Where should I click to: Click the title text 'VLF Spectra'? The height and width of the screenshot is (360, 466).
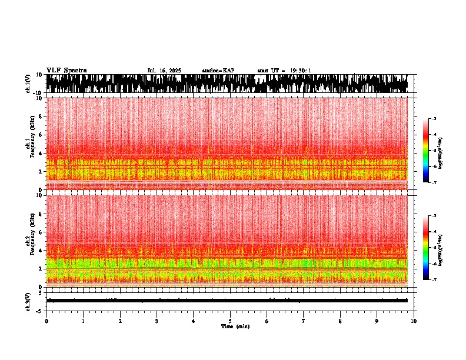(66, 70)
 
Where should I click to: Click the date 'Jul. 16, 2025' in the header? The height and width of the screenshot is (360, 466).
(164, 71)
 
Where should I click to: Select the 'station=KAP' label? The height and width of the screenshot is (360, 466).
(218, 71)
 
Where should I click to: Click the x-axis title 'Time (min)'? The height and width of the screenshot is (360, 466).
(235, 326)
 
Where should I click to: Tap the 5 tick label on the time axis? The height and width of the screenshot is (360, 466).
(230, 321)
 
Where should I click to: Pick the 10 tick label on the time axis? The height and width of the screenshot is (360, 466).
(414, 321)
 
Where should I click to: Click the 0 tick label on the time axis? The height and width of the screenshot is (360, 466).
(46, 321)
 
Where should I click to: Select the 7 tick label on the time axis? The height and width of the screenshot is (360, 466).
(304, 321)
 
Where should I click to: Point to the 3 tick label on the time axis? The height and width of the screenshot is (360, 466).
(157, 321)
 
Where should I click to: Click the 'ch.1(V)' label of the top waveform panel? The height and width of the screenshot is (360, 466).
(28, 84)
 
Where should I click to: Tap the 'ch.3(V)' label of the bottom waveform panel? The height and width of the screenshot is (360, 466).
(28, 300)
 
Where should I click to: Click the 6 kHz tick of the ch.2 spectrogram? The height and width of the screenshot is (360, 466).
(41, 232)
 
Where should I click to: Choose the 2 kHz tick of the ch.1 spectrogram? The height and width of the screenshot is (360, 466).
(41, 172)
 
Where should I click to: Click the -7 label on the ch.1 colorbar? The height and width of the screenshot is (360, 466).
(434, 183)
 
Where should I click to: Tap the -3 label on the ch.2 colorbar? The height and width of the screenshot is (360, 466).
(434, 216)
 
